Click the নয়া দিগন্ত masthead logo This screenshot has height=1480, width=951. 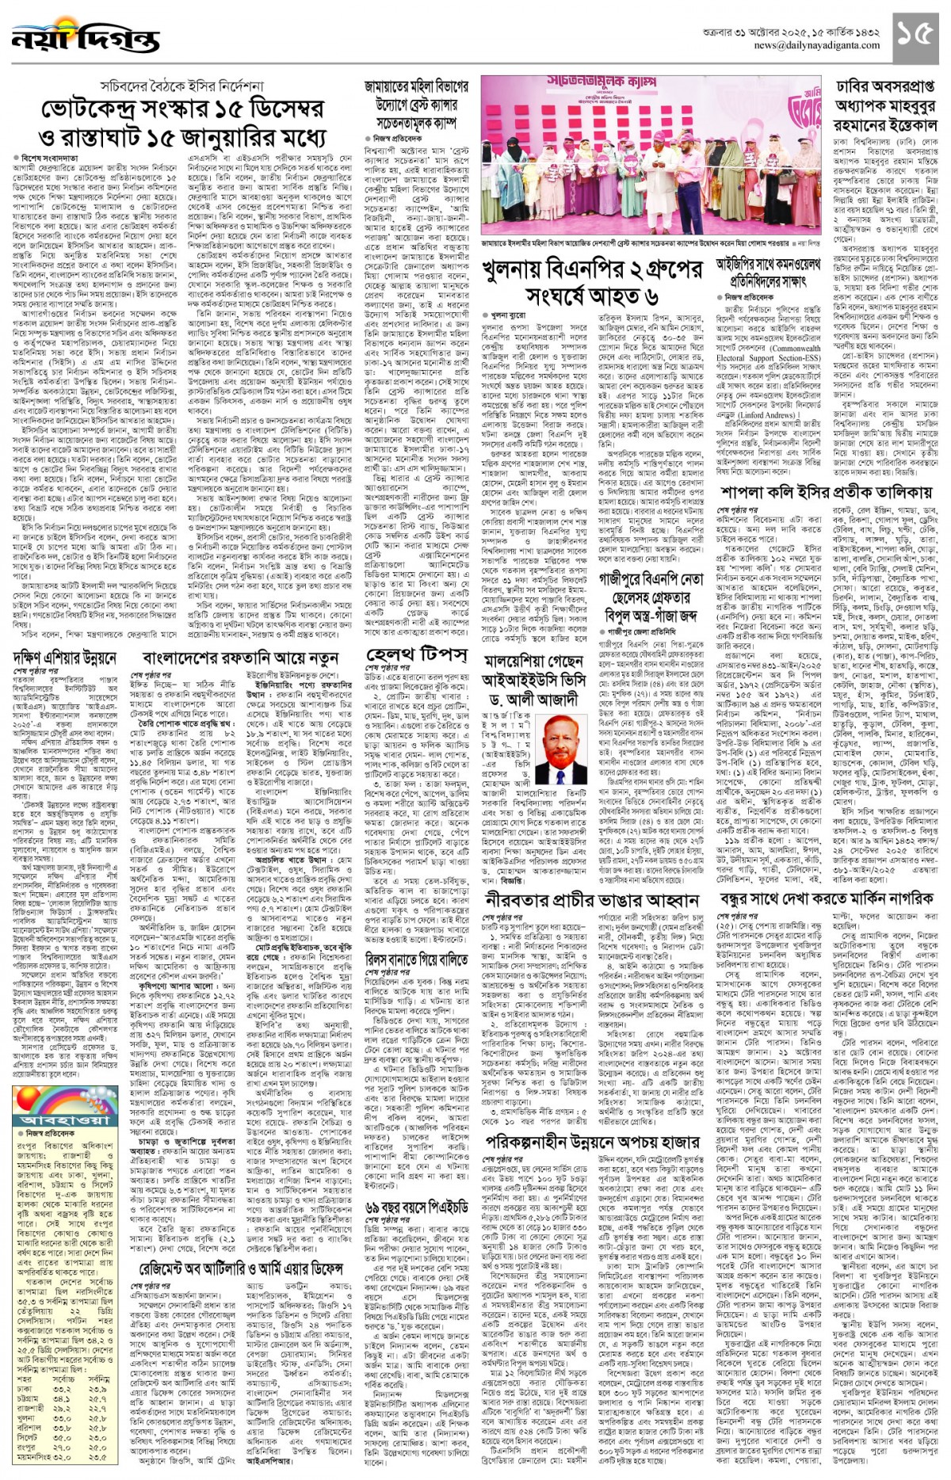[86, 38]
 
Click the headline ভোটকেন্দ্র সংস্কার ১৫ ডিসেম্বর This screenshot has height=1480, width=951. [181, 109]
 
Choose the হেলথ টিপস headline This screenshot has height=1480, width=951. [415, 654]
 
